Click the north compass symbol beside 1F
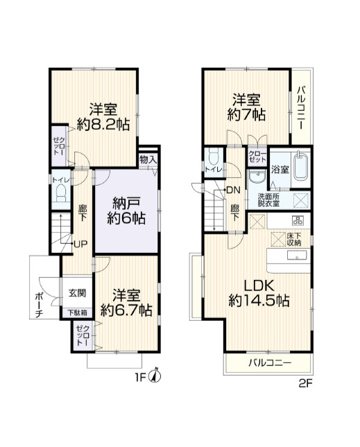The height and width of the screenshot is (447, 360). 155,376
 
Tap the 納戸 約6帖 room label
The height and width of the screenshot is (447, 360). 126,211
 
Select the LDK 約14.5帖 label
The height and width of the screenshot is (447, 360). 259,292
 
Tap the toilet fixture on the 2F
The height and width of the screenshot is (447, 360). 214,156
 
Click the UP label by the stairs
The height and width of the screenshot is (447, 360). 80,244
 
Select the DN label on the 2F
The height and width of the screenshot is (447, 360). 233,190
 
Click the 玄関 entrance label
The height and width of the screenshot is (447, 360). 77,293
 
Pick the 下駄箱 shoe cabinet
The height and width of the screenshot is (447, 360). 77,313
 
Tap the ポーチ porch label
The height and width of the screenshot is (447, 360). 39,305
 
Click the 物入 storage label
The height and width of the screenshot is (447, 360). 148,159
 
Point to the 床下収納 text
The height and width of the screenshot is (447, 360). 294,239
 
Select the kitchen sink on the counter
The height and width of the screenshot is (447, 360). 298,255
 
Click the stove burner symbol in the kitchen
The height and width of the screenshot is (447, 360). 298,220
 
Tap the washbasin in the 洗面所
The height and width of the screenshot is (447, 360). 257,177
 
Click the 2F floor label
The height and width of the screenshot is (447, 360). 306,384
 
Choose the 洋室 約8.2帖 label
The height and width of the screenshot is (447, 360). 103,116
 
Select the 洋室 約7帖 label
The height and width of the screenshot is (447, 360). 246,107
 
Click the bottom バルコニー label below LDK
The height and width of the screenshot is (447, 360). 269,363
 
